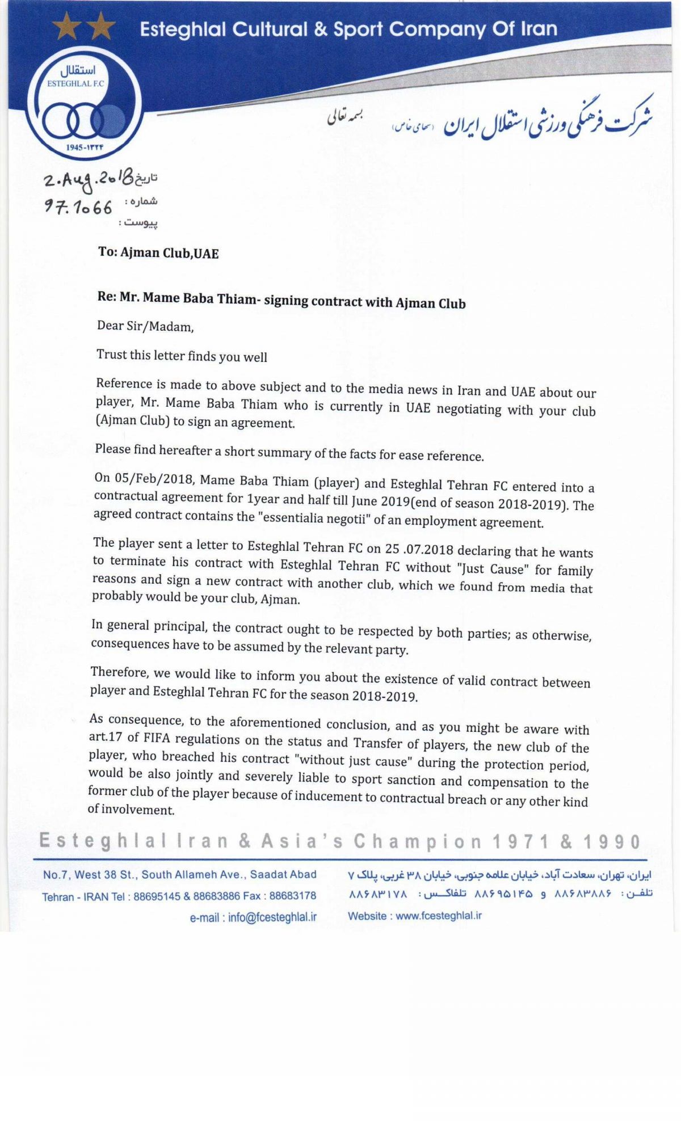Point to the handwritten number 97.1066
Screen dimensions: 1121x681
(x=79, y=207)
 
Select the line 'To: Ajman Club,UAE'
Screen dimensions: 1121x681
(x=158, y=252)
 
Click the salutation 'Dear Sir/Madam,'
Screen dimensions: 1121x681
(x=145, y=326)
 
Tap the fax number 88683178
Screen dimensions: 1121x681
(x=293, y=896)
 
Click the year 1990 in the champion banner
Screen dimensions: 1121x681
(x=612, y=842)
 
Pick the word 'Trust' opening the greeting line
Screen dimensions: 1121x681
(x=111, y=354)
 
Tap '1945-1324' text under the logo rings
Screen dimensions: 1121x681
(x=85, y=147)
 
